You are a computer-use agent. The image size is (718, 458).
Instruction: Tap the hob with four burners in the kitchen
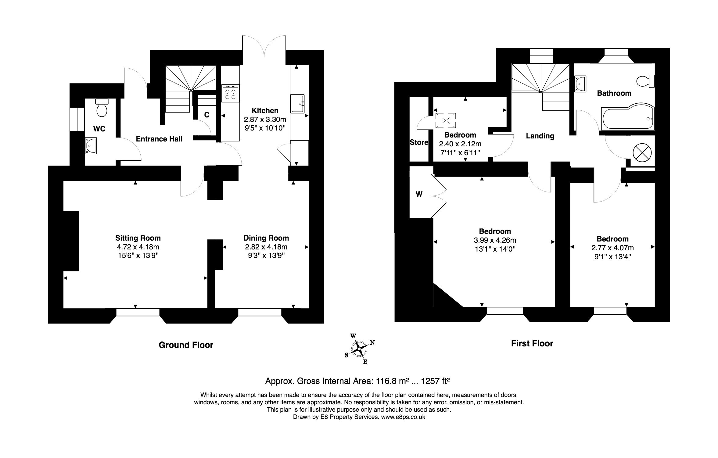(x=230, y=93)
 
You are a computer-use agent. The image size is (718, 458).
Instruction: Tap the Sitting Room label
(x=138, y=238)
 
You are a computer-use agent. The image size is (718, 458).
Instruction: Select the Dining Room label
(x=266, y=238)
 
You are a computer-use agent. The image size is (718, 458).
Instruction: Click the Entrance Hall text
(x=159, y=139)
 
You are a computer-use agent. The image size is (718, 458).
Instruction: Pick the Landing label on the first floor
(x=540, y=136)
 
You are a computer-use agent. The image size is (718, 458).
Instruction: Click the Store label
(x=419, y=142)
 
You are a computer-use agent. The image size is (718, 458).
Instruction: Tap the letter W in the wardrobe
(x=419, y=194)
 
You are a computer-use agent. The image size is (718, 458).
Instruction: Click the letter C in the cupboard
(x=206, y=115)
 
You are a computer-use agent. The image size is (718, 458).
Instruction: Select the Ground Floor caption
(x=186, y=345)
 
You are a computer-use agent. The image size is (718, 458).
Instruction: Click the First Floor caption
(x=532, y=344)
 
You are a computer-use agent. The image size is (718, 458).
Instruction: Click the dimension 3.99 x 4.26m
(x=494, y=240)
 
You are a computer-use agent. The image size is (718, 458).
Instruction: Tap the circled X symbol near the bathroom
(x=642, y=152)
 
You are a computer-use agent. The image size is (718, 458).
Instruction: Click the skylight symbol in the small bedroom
(x=446, y=120)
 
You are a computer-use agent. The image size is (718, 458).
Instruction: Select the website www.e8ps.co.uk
(x=403, y=417)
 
